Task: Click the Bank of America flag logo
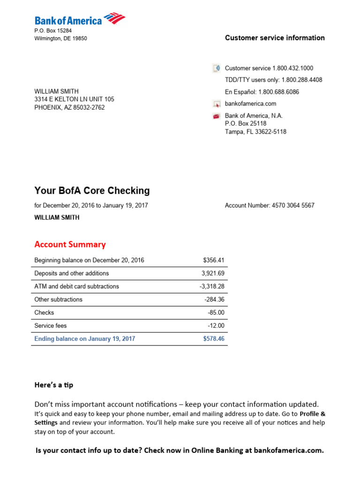click(x=114, y=19)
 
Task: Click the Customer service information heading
click(x=275, y=38)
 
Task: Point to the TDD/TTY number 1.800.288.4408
click(x=300, y=80)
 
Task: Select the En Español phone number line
click(x=262, y=92)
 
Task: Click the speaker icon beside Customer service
click(x=216, y=68)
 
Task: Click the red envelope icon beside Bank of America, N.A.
click(x=216, y=116)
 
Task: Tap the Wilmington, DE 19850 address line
click(x=60, y=38)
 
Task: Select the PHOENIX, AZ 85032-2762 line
click(x=69, y=107)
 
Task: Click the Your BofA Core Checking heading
click(x=92, y=190)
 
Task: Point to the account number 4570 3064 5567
click(x=293, y=205)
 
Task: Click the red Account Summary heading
click(x=70, y=244)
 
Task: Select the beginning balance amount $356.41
click(x=214, y=260)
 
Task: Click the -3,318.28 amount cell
click(x=211, y=286)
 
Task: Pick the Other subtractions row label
click(x=58, y=300)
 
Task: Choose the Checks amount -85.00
click(x=216, y=313)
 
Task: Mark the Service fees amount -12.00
click(x=216, y=326)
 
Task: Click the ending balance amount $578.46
click(x=214, y=338)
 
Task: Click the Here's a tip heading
click(x=54, y=385)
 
